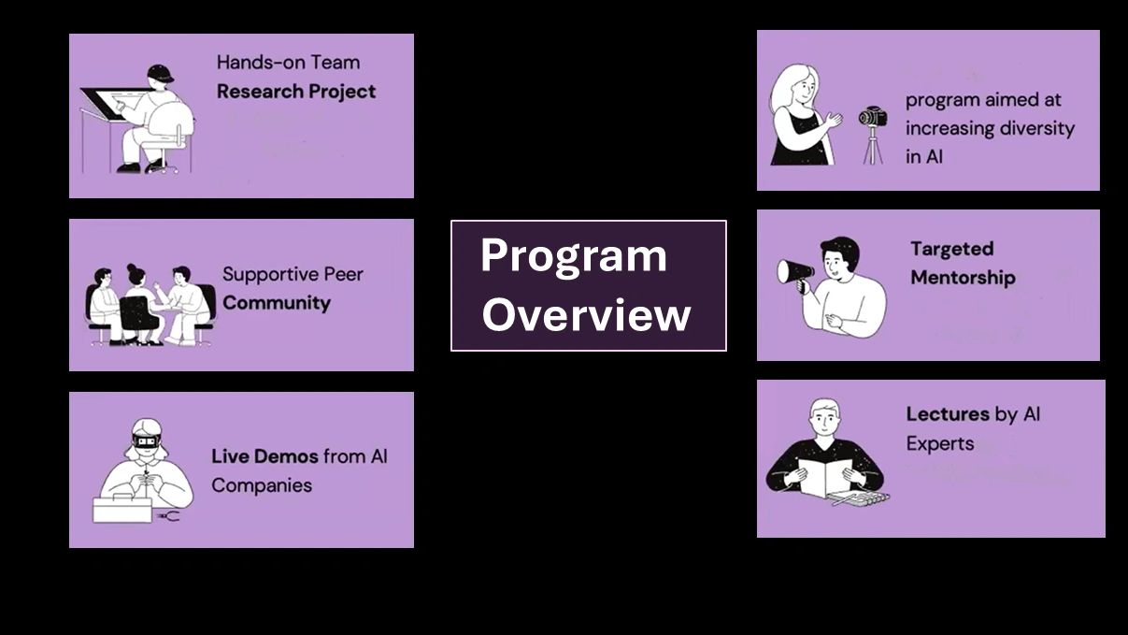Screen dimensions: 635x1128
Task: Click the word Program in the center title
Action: pyautogui.click(x=573, y=256)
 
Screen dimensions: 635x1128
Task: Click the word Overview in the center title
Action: pyautogui.click(x=586, y=315)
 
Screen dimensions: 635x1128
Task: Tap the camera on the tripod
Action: pyautogui.click(x=872, y=118)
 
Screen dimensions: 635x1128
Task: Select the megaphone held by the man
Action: pyautogui.click(x=795, y=271)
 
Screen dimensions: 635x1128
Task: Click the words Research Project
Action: pyautogui.click(x=296, y=92)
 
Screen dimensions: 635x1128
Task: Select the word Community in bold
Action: pyautogui.click(x=276, y=303)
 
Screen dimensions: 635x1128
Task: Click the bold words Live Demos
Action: pyautogui.click(x=264, y=456)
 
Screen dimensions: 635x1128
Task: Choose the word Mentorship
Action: pyautogui.click(x=963, y=278)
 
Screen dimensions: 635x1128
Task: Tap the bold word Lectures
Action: pyautogui.click(x=948, y=413)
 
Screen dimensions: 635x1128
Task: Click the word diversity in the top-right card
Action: pyautogui.click(x=1031, y=128)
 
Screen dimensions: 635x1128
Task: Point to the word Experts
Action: pyautogui.click(x=939, y=443)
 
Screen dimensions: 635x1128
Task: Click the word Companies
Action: pyautogui.click(x=262, y=485)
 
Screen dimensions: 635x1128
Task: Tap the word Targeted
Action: pyautogui.click(x=951, y=249)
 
